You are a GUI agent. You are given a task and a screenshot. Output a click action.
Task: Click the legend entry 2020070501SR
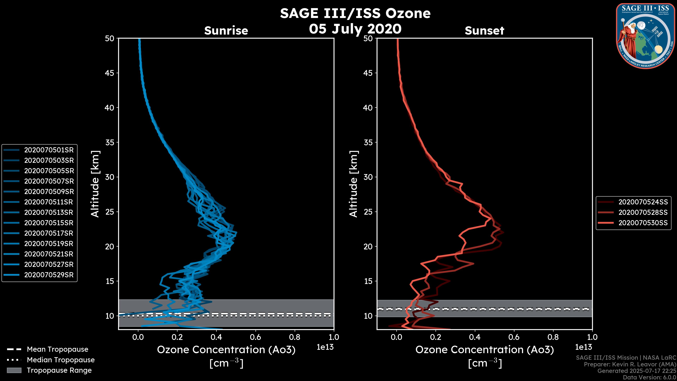(x=49, y=150)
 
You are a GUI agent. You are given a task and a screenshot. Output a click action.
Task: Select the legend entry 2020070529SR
(x=49, y=275)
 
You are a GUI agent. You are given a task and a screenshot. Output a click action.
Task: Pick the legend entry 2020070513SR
(x=49, y=212)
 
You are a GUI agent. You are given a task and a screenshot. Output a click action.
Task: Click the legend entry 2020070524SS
(x=643, y=202)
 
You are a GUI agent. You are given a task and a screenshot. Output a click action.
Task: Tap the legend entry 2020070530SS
(x=643, y=223)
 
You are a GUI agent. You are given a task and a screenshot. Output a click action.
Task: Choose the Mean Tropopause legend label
(x=57, y=349)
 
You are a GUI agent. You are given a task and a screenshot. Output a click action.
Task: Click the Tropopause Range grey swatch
(x=14, y=370)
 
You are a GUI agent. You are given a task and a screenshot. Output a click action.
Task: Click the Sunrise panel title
(x=226, y=31)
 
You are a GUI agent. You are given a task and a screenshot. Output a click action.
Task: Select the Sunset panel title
(x=484, y=31)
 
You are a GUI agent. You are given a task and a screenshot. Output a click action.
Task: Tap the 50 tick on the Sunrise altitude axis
(x=110, y=38)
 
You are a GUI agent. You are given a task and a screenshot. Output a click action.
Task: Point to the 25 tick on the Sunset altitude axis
(x=368, y=212)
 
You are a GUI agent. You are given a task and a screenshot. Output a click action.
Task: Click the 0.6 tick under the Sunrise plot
(x=255, y=337)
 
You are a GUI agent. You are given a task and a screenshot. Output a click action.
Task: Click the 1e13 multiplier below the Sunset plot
(x=583, y=347)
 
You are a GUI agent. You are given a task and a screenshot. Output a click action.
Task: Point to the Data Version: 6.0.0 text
(x=649, y=377)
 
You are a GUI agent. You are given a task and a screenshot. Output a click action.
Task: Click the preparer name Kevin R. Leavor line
(x=630, y=364)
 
